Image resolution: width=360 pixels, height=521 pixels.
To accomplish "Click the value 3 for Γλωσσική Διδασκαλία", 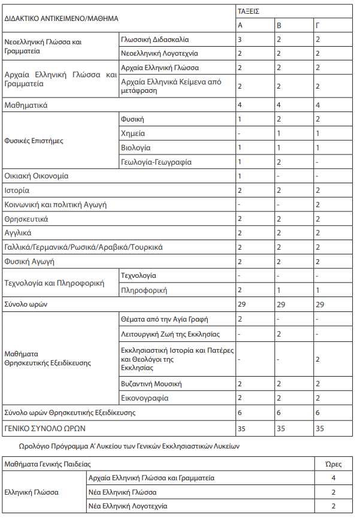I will pyautogui.click(x=240, y=40).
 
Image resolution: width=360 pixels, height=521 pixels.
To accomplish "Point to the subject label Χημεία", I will pyautogui.click(x=133, y=134).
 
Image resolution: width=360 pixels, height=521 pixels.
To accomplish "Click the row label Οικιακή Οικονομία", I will pyautogui.click(x=37, y=177).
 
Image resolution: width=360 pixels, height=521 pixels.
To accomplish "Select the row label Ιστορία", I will pyautogui.click(x=17, y=190).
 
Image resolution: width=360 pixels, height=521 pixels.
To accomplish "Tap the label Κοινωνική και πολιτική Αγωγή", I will pyautogui.click(x=55, y=205).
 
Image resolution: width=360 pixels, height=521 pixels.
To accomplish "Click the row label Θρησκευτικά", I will pyautogui.click(x=26, y=219).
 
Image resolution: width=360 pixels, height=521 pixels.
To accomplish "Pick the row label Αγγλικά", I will pyautogui.click(x=18, y=233).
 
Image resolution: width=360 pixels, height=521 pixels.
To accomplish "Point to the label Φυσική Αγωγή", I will pyautogui.click(x=29, y=262).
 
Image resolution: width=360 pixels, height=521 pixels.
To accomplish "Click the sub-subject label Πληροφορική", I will pyautogui.click(x=143, y=290).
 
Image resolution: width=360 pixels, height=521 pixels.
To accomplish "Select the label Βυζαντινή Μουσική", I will pyautogui.click(x=151, y=384).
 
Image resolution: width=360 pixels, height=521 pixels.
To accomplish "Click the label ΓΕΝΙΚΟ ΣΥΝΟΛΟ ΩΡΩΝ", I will pyautogui.click(x=46, y=428).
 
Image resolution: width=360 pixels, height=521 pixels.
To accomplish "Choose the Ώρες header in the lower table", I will pyautogui.click(x=333, y=464).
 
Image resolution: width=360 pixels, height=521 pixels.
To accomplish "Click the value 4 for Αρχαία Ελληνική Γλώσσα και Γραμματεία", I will pyautogui.click(x=333, y=478).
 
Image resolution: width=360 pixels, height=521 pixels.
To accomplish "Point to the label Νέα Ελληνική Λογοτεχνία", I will pyautogui.click(x=128, y=506).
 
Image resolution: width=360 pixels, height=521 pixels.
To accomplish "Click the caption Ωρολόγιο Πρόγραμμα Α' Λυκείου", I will pyautogui.click(x=129, y=447).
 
